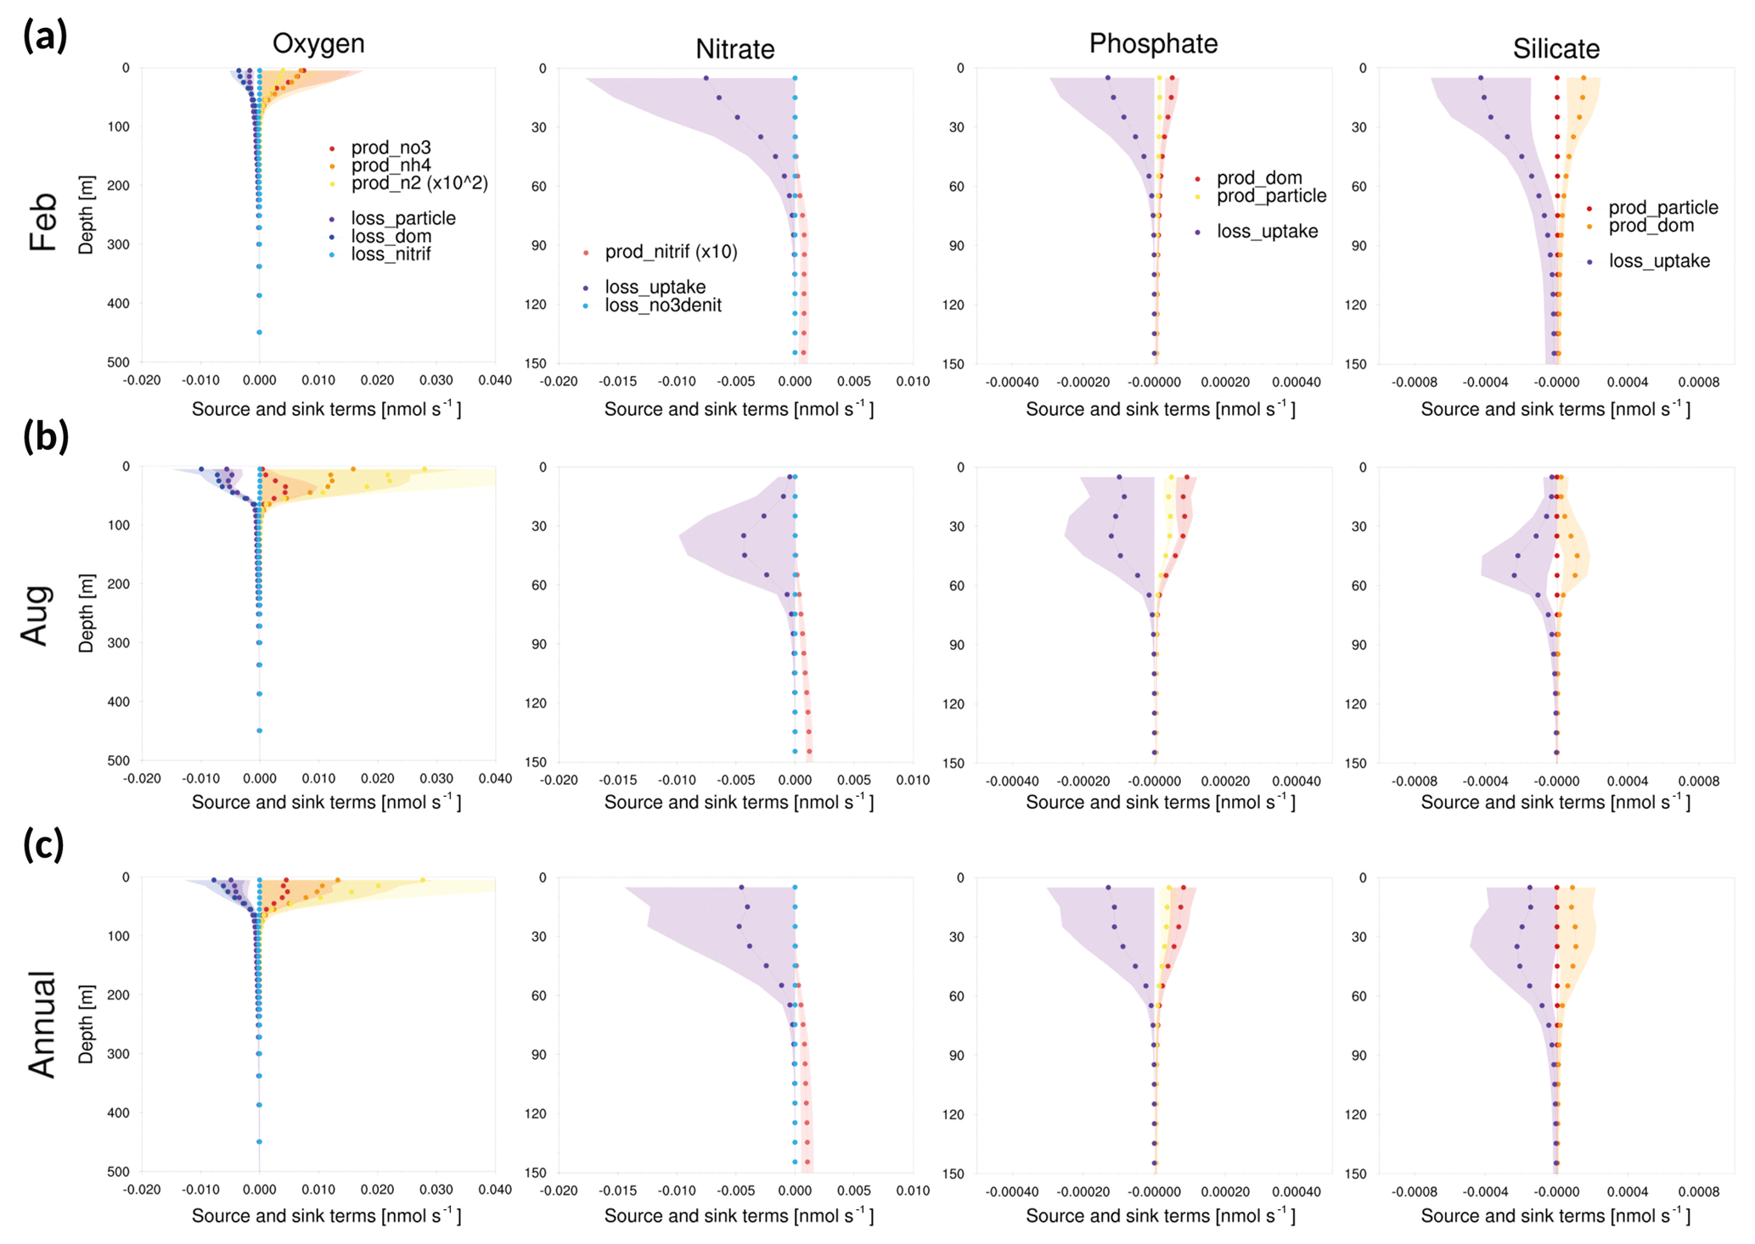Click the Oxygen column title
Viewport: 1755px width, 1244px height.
coord(318,43)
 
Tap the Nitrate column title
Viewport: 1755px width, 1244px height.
coord(734,49)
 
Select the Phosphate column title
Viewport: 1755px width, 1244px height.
coord(1153,43)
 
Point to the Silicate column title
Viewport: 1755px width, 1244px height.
coord(1555,49)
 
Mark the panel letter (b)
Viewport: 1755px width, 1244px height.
coord(45,435)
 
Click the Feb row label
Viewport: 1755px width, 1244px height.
coord(42,222)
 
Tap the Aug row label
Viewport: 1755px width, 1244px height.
coord(37,615)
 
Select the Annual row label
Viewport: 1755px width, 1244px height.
coord(41,1023)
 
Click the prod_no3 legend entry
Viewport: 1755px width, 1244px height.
coord(391,148)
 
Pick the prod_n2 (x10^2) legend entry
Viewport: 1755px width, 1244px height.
coord(419,183)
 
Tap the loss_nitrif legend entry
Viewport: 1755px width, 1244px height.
coord(391,254)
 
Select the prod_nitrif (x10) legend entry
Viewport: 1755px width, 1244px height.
coord(671,252)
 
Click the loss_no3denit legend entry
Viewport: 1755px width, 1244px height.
coord(662,305)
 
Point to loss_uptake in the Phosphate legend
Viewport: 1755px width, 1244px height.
coord(1267,232)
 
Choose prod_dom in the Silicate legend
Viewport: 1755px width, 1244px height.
coord(1651,226)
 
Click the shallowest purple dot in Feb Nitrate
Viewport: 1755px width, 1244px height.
coord(706,78)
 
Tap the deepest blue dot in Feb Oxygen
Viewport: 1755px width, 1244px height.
coord(259,332)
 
